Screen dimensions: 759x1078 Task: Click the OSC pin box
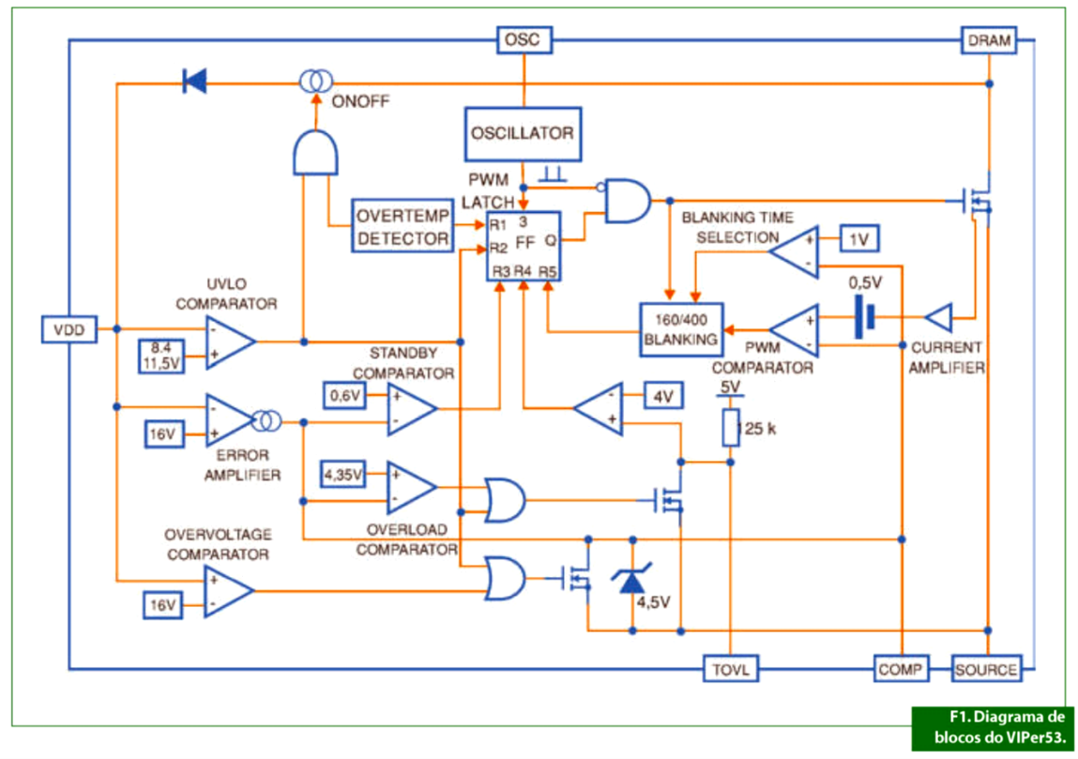[524, 40]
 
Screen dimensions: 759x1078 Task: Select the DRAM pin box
[989, 40]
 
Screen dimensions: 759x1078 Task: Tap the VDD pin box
[69, 329]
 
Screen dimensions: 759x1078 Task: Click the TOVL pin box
[731, 669]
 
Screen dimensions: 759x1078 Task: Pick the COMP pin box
[901, 669]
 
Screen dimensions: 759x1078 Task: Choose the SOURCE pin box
[985, 669]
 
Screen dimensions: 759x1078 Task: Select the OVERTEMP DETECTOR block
[402, 225]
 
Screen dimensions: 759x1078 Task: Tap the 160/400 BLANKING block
[680, 329]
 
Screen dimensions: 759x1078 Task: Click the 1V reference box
[858, 239]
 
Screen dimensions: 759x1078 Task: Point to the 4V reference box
[663, 397]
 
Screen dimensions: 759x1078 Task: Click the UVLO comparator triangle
[229, 341]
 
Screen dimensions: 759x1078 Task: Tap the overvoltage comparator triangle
[229, 591]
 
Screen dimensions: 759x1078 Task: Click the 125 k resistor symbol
[731, 429]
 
